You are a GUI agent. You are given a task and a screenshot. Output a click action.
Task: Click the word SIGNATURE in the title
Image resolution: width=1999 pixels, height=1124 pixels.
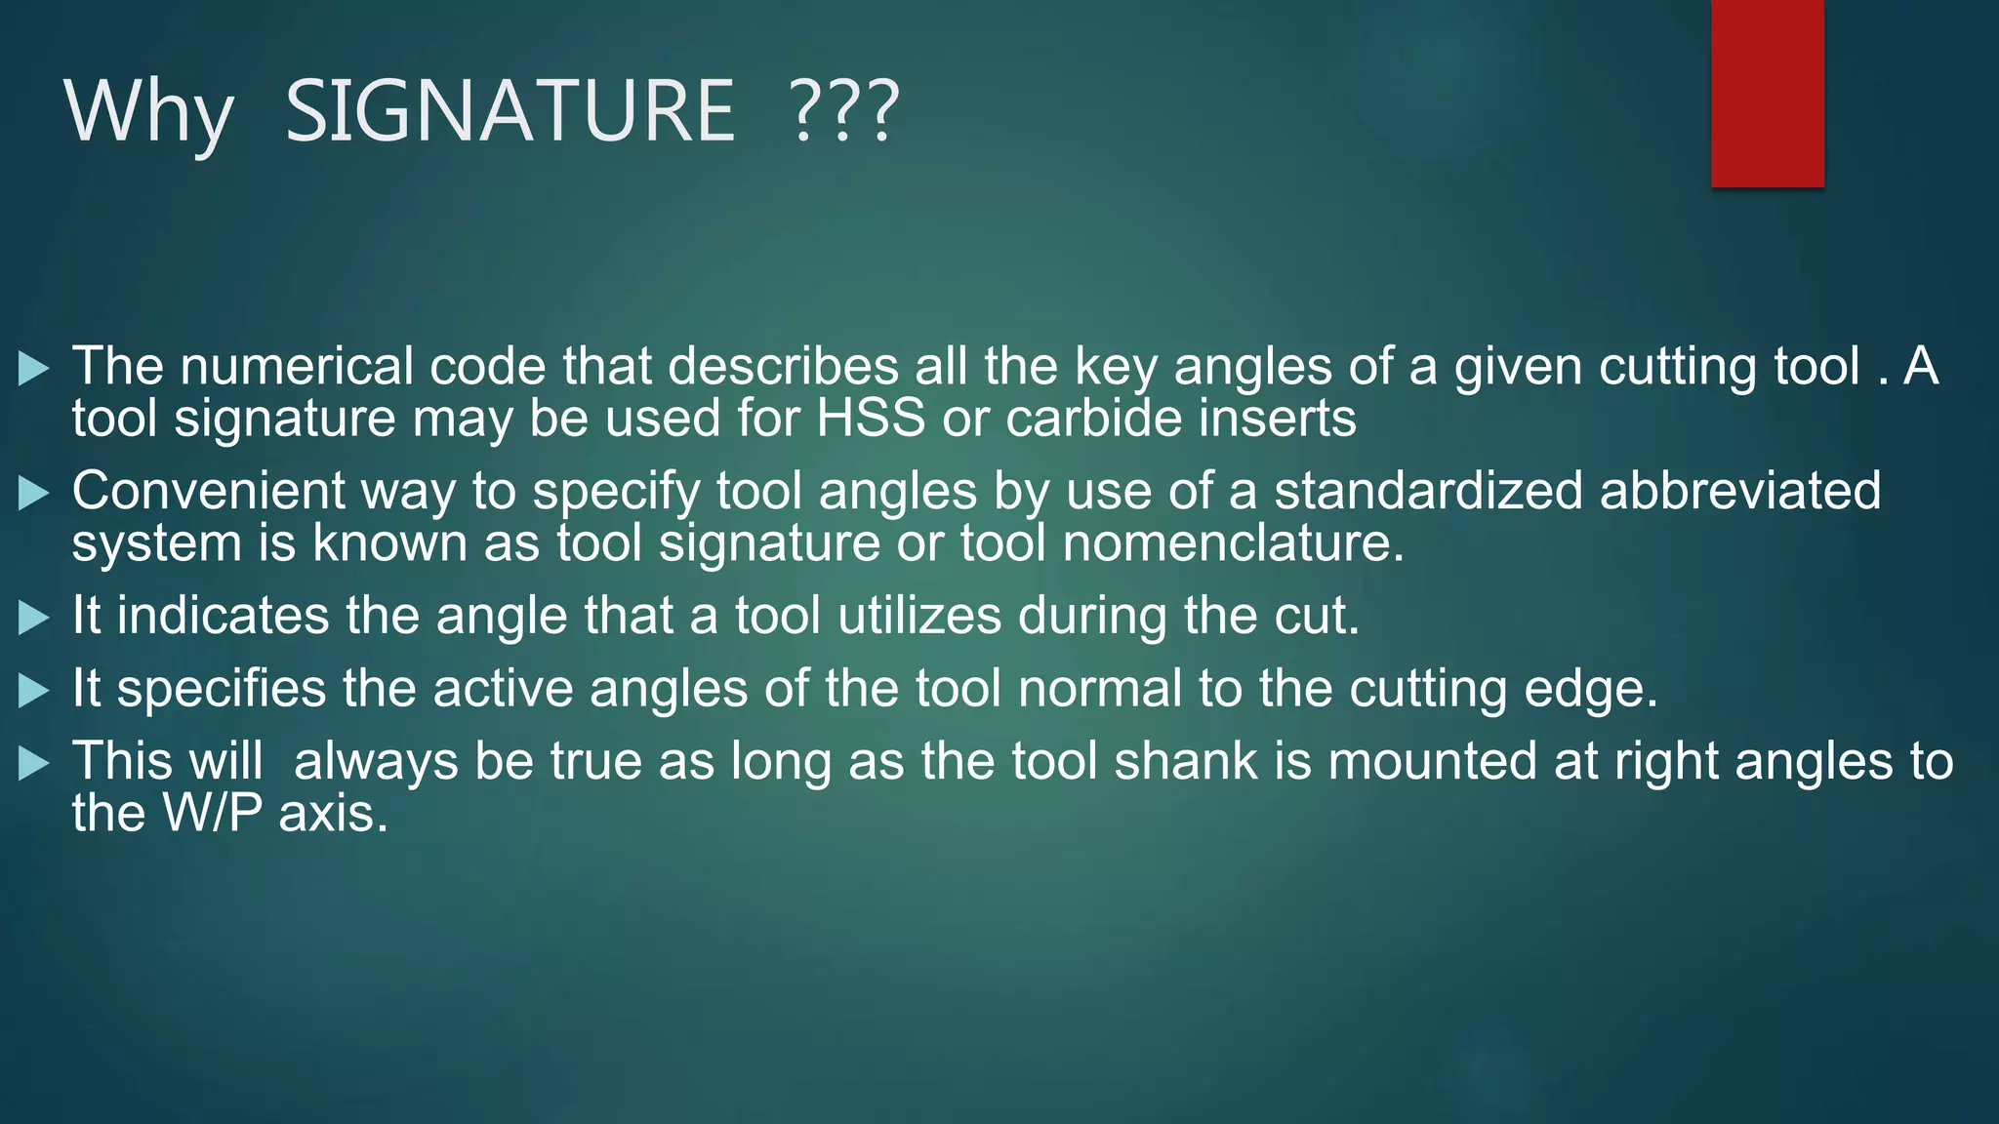pyautogui.click(x=510, y=111)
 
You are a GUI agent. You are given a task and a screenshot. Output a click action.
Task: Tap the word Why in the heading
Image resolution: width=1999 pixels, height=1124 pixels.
pyautogui.click(x=148, y=113)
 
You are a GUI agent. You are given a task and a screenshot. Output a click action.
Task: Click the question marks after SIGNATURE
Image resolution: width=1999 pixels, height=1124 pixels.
pyautogui.click(x=843, y=111)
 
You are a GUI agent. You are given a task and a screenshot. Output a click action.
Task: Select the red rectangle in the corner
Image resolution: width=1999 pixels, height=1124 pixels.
pyautogui.click(x=1767, y=94)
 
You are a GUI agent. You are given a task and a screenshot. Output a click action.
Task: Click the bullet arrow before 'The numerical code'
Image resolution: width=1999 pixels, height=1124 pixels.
pyautogui.click(x=34, y=369)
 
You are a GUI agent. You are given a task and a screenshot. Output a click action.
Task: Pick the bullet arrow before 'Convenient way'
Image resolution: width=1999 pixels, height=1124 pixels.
pyautogui.click(x=34, y=493)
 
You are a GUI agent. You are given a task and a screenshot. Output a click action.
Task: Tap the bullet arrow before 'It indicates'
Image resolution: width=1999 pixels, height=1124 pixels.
pyautogui.click(x=34, y=618)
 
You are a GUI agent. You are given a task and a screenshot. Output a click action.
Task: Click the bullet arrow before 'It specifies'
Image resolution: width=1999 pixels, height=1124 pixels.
pyautogui.click(x=34, y=691)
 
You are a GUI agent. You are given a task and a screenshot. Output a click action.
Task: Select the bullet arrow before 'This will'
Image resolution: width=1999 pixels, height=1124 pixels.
pyautogui.click(x=34, y=763)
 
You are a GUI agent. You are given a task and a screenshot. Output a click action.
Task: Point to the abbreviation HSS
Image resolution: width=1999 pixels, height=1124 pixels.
pyautogui.click(x=871, y=418)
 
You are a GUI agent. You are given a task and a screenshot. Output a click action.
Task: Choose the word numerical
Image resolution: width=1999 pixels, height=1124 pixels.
pyautogui.click(x=297, y=367)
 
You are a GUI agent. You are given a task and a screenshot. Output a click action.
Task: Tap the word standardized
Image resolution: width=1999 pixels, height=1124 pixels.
pyautogui.click(x=1427, y=491)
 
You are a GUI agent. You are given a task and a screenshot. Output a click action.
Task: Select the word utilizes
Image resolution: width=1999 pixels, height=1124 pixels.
pyautogui.click(x=919, y=617)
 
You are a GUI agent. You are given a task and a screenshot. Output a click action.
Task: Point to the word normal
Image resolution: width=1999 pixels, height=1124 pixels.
pyautogui.click(x=1100, y=689)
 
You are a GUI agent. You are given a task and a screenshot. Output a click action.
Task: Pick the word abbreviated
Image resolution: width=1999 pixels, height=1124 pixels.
pyautogui.click(x=1739, y=491)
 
